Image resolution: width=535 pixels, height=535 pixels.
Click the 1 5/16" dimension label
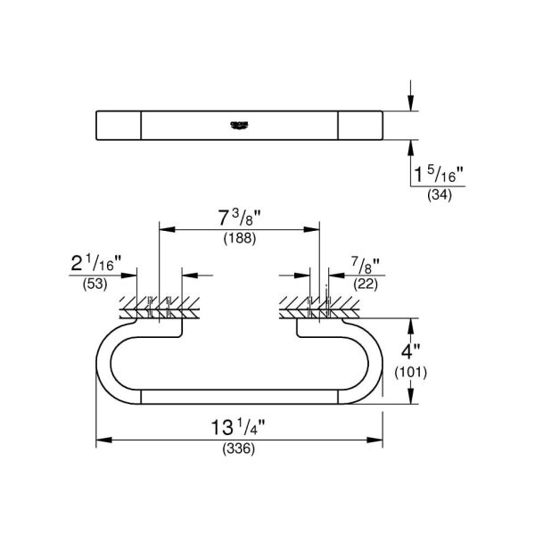click(x=437, y=169)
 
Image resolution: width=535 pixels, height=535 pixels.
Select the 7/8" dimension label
click(x=366, y=263)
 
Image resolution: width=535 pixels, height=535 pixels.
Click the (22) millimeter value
click(x=366, y=284)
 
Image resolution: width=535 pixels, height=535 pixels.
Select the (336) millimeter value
click(x=239, y=449)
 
